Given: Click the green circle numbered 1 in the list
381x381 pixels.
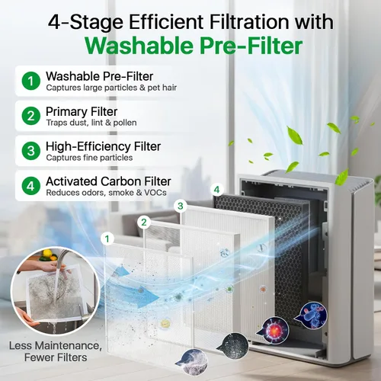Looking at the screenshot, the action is [x=31, y=81].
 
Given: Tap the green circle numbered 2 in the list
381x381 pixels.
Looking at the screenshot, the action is [x=31, y=116].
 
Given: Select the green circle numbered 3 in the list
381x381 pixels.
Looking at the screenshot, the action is [x=31, y=151].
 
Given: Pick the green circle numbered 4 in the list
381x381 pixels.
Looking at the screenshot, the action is [x=31, y=186].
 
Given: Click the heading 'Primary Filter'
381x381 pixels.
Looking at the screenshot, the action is [x=82, y=112].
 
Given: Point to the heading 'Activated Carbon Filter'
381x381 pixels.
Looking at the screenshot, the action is [x=108, y=181].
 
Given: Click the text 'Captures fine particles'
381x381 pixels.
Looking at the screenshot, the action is [x=89, y=158].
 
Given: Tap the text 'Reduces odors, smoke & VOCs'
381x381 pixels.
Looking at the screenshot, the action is [x=107, y=193].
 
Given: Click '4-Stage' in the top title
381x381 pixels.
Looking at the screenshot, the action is [x=86, y=22].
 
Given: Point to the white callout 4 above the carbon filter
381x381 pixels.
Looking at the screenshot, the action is [x=216, y=190].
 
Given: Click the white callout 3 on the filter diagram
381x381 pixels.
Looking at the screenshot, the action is [x=181, y=206].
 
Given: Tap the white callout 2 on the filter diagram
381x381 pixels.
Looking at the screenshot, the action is [x=144, y=223].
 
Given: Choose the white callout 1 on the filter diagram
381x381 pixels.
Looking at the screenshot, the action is [x=107, y=239].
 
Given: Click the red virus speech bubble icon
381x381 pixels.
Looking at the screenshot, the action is [x=274, y=331].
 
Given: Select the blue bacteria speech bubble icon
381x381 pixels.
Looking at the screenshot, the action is [x=313, y=315].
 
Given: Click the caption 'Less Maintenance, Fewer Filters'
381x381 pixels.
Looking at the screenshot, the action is [x=56, y=351].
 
